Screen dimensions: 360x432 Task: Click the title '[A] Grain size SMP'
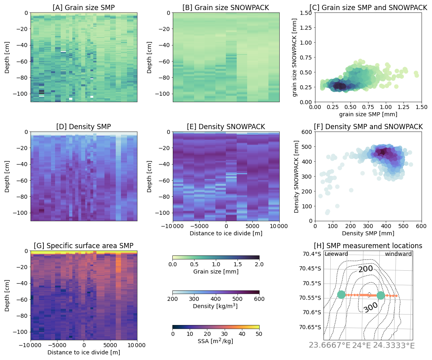(84, 8)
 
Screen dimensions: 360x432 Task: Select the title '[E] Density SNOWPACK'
(226, 127)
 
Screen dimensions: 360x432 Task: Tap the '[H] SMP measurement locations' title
(368, 246)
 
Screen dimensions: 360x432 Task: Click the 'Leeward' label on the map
(336, 254)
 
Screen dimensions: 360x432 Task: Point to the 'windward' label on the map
(398, 254)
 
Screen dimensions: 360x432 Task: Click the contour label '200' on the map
(366, 268)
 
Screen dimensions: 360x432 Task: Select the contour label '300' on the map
(371, 307)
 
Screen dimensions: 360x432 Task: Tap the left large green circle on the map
(341, 295)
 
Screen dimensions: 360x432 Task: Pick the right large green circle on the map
(381, 295)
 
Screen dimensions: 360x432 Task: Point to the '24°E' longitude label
(361, 346)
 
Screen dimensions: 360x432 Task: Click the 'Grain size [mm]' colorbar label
(216, 272)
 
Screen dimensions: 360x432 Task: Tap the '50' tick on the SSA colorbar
(259, 333)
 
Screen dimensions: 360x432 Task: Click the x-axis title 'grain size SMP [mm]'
(368, 115)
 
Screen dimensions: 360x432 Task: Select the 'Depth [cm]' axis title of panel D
(7, 176)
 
